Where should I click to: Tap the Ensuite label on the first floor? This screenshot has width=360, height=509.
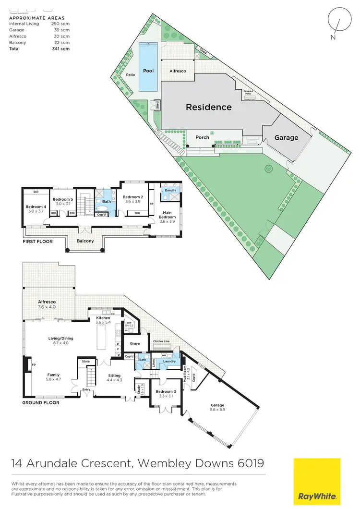coord(170,191)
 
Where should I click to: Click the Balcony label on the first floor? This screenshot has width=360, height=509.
coord(84,241)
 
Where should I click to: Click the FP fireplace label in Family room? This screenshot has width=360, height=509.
coord(27,365)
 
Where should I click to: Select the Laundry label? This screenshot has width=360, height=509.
coord(169,361)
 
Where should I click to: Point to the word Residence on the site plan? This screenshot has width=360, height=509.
coord(208,107)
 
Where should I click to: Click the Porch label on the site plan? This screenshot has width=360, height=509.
coord(202,137)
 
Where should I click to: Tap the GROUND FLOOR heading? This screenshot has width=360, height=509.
coord(41,402)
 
